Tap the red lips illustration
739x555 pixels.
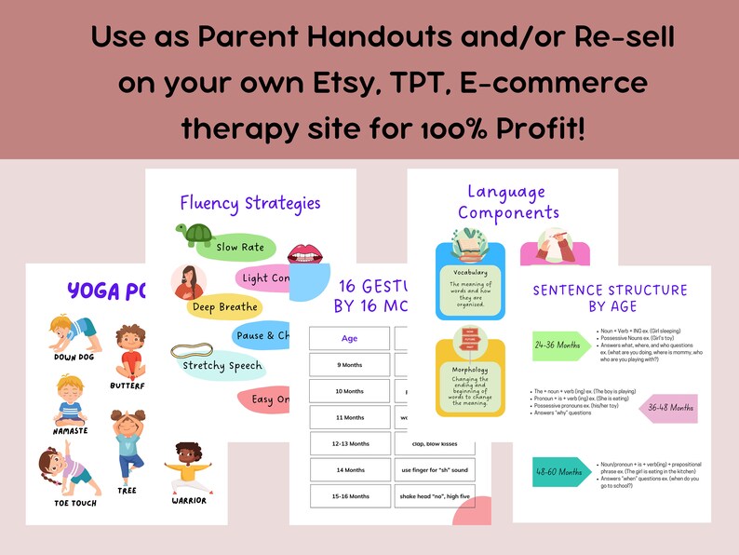(x=304, y=252)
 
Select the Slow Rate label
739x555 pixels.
(x=239, y=248)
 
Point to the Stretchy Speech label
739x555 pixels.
(x=222, y=365)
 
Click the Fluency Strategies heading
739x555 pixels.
(x=250, y=203)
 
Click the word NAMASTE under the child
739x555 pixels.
(x=71, y=430)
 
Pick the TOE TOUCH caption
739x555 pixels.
(x=74, y=504)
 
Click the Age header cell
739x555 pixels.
(x=349, y=339)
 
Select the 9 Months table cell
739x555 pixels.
(x=349, y=365)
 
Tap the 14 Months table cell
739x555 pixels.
(x=349, y=470)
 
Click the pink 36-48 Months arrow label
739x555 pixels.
(x=668, y=408)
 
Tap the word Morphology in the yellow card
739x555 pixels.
(x=470, y=369)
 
